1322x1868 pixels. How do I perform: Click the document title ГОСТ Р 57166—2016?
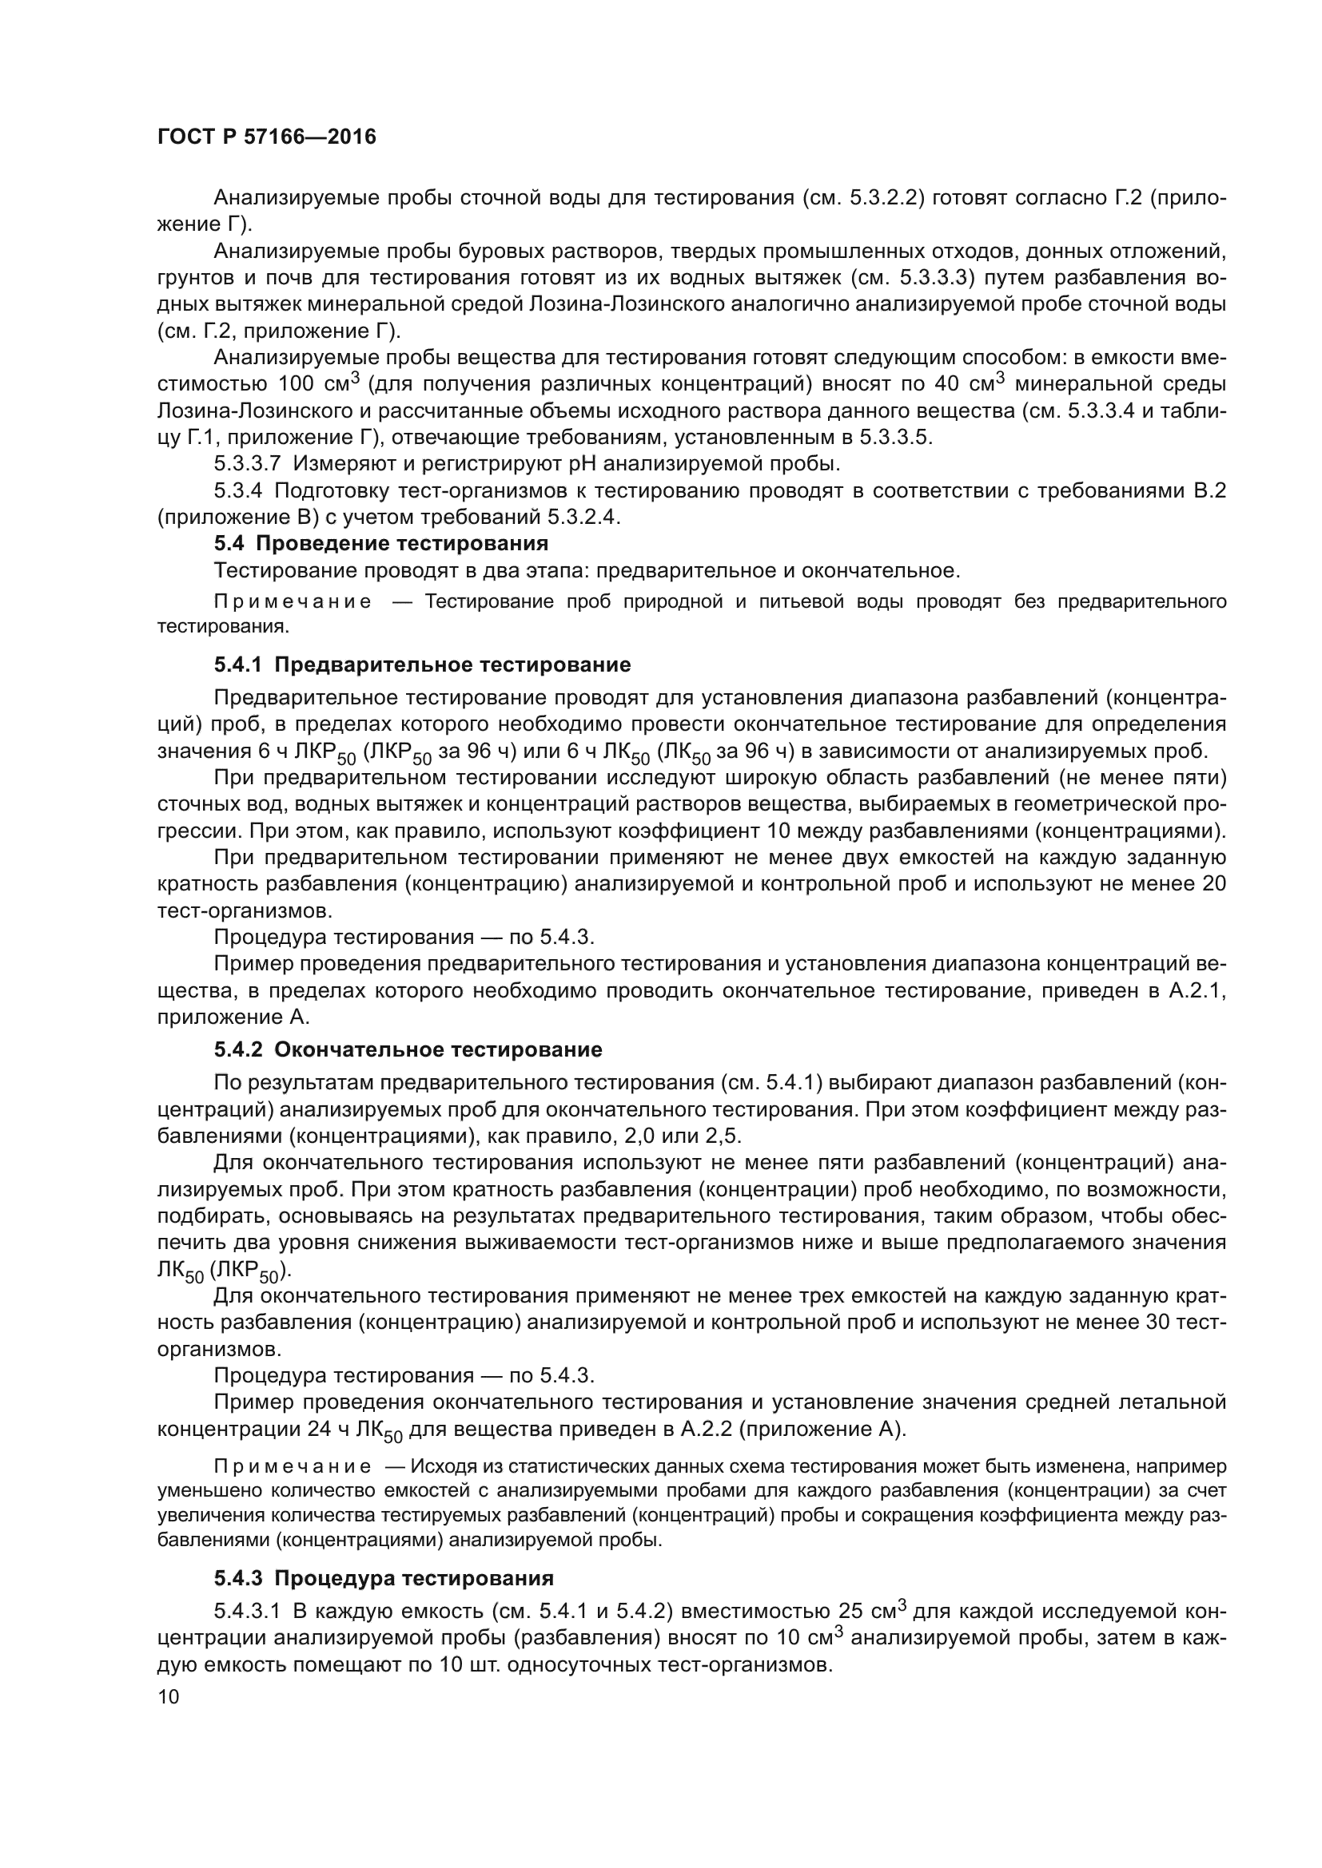(266, 137)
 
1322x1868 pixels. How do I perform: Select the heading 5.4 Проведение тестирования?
(381, 542)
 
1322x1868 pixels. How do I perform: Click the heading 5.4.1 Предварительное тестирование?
(423, 664)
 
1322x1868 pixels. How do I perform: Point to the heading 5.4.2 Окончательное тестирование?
(408, 1049)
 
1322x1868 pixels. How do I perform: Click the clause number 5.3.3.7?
(247, 464)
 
